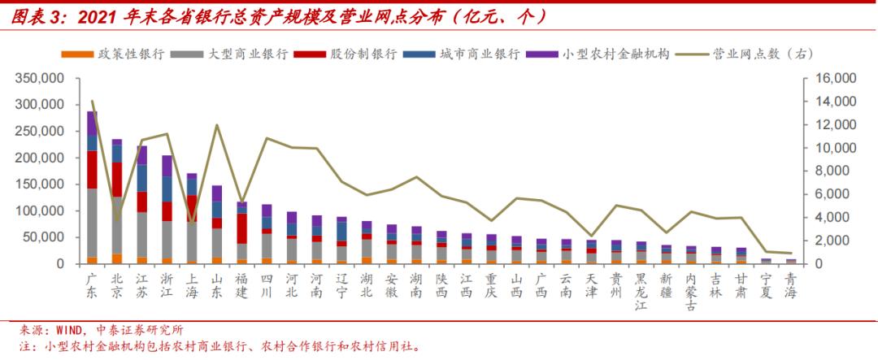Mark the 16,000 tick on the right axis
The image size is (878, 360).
click(829, 79)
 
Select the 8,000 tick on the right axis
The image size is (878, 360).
click(826, 171)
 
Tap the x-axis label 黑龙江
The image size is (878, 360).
click(641, 291)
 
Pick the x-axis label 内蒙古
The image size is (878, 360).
click(691, 291)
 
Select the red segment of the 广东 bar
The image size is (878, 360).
click(92, 169)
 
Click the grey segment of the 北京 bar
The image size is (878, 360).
click(117, 224)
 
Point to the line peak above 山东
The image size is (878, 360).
click(217, 125)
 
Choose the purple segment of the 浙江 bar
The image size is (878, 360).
click(167, 166)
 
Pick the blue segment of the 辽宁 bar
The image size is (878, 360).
click(341, 231)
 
